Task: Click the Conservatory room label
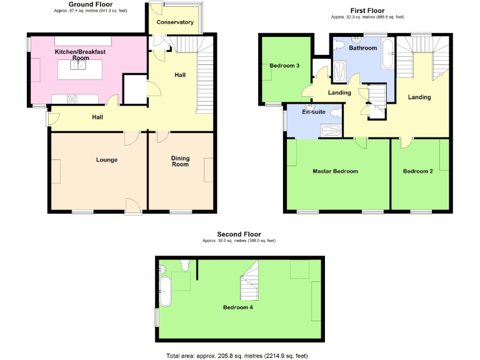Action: pos(175,22)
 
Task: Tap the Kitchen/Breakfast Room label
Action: pos(80,54)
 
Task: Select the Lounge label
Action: pos(106,160)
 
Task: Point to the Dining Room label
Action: pos(180,161)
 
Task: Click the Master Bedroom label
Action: pos(336,171)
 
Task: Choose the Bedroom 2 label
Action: pos(418,171)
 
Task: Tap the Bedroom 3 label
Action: pos(284,66)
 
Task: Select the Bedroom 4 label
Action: pos(238,307)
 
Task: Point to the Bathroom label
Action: pos(362,48)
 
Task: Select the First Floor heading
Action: pos(366,11)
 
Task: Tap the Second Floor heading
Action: pos(239,234)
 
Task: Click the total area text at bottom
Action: pos(237,355)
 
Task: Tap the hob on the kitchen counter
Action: pos(72,97)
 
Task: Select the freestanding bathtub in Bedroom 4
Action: pos(166,291)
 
